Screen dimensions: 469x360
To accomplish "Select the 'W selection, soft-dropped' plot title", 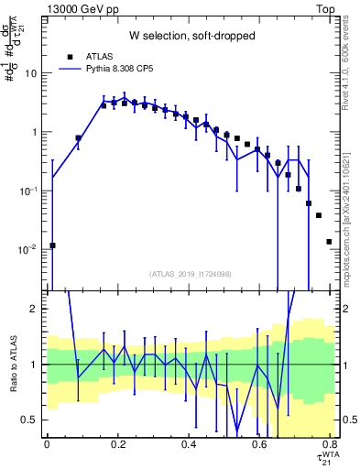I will (x=190, y=37).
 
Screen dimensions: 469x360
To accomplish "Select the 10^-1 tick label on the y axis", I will (x=31, y=191).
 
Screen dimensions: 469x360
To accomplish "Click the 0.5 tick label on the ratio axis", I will (x=33, y=420).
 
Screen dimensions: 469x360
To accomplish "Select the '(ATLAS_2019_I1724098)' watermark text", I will (x=190, y=274).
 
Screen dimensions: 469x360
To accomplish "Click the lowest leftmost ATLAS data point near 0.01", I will (x=52, y=245).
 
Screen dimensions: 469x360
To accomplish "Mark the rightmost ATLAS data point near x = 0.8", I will (x=329, y=242).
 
